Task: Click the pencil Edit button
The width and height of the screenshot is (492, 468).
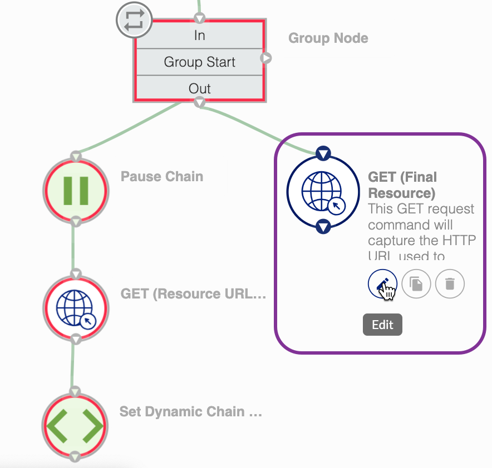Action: (x=382, y=284)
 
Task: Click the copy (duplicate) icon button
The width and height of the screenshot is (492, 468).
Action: (x=416, y=284)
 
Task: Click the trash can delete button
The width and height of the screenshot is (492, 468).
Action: (x=450, y=284)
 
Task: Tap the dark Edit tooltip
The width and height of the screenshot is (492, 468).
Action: (x=382, y=325)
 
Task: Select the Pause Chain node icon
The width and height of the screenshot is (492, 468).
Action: (x=76, y=191)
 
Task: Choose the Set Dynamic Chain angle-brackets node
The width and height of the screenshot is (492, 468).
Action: (x=75, y=426)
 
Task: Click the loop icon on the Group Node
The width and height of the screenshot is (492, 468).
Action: (x=134, y=20)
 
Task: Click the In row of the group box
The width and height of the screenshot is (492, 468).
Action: (x=199, y=36)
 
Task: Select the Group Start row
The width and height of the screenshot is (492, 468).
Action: (x=199, y=62)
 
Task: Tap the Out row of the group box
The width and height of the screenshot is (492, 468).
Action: (x=199, y=88)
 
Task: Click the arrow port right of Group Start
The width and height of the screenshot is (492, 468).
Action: (x=266, y=58)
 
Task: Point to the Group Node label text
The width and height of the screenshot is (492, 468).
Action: (x=328, y=38)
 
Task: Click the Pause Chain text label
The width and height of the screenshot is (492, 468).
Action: (x=161, y=177)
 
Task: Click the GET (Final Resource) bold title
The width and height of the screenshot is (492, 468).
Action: (x=402, y=185)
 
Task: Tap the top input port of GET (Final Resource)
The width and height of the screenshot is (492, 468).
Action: (x=323, y=153)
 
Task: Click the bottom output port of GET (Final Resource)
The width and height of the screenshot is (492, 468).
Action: (x=323, y=226)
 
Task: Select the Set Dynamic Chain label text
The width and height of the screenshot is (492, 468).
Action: (x=190, y=412)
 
